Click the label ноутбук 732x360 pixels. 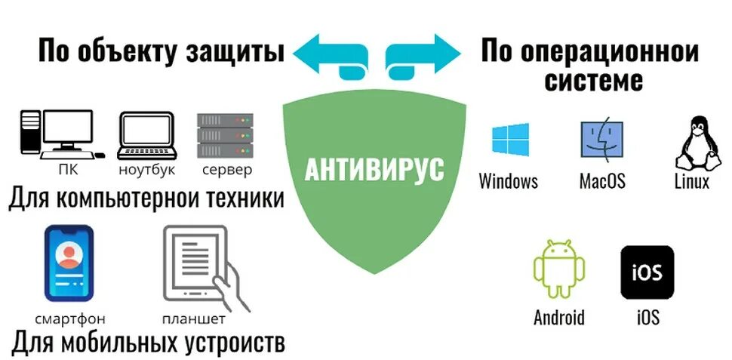coord(146,170)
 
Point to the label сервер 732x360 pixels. coord(226,170)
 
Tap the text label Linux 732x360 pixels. coord(691,182)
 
